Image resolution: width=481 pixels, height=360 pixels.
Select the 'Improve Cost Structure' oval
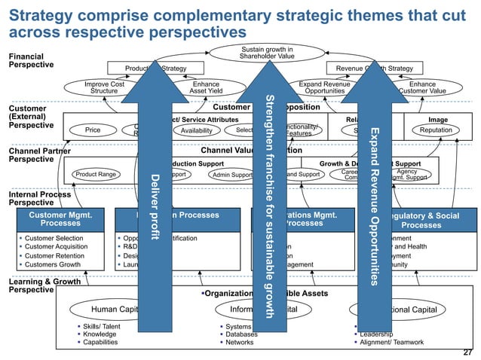pos(104,88)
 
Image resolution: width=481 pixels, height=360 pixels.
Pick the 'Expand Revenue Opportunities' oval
pos(325,88)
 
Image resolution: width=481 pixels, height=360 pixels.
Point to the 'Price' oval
pos(93,130)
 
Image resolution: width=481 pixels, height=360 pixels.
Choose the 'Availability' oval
pos(192,130)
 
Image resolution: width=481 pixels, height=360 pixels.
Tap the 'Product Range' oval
pos(95,175)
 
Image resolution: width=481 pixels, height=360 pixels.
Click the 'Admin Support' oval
pos(232,175)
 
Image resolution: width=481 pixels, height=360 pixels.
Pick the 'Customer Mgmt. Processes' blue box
pos(60,219)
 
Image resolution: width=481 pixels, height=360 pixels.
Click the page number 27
pos(467,352)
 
